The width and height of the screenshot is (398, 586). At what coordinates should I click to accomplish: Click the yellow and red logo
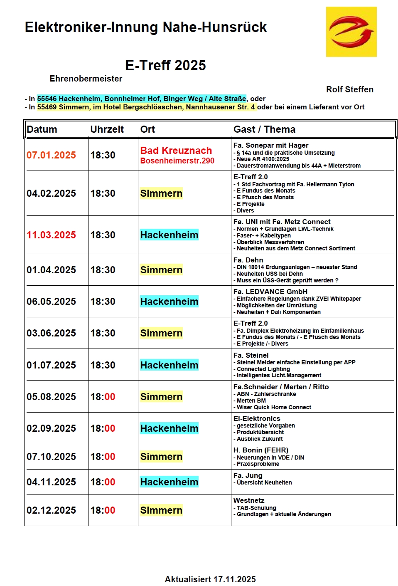[351, 32]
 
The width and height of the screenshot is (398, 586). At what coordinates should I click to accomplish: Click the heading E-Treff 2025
[165, 65]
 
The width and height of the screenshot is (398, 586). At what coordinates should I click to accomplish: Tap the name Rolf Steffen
[349, 89]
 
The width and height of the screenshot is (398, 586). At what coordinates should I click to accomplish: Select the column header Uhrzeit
[107, 129]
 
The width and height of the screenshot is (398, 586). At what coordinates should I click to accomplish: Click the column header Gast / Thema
[264, 129]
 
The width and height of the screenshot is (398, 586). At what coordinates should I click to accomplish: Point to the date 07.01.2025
[51, 155]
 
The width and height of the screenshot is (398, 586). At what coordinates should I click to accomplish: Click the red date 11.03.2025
[51, 235]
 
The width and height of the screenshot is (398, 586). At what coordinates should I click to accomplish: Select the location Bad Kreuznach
[176, 151]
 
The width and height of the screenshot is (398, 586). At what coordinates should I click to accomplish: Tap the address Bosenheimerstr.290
[177, 161]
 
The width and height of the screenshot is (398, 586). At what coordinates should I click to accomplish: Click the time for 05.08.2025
[103, 397]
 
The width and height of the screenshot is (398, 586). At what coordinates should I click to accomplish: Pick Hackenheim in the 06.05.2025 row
[169, 302]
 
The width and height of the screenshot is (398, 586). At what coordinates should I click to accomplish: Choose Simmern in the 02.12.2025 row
[161, 510]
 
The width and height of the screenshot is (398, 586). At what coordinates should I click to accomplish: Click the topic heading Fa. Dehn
[248, 260]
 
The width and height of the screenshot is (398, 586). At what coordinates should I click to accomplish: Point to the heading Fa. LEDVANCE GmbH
[270, 292]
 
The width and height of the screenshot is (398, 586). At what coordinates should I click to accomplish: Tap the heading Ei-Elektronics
[257, 418]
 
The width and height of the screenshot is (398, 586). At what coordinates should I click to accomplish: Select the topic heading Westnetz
[249, 500]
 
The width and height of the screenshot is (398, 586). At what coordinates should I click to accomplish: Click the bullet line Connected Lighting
[263, 369]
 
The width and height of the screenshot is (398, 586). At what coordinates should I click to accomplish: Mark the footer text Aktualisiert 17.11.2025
[210, 579]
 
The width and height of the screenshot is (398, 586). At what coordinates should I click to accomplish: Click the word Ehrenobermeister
[86, 79]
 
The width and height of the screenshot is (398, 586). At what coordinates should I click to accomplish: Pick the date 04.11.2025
[51, 482]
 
